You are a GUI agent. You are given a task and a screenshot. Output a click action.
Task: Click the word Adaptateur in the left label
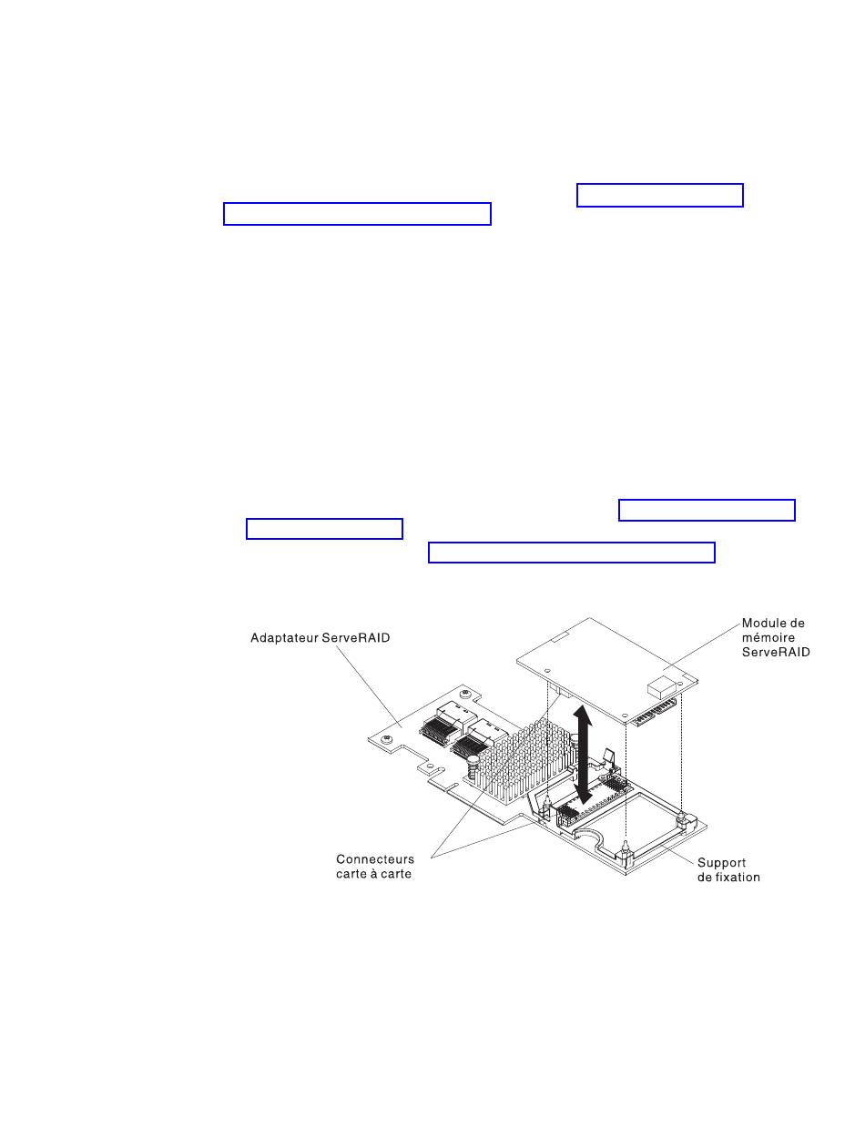point(285,638)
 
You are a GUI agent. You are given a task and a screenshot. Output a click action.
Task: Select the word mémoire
point(768,637)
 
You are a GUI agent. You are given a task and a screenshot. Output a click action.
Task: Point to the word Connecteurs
point(374,858)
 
